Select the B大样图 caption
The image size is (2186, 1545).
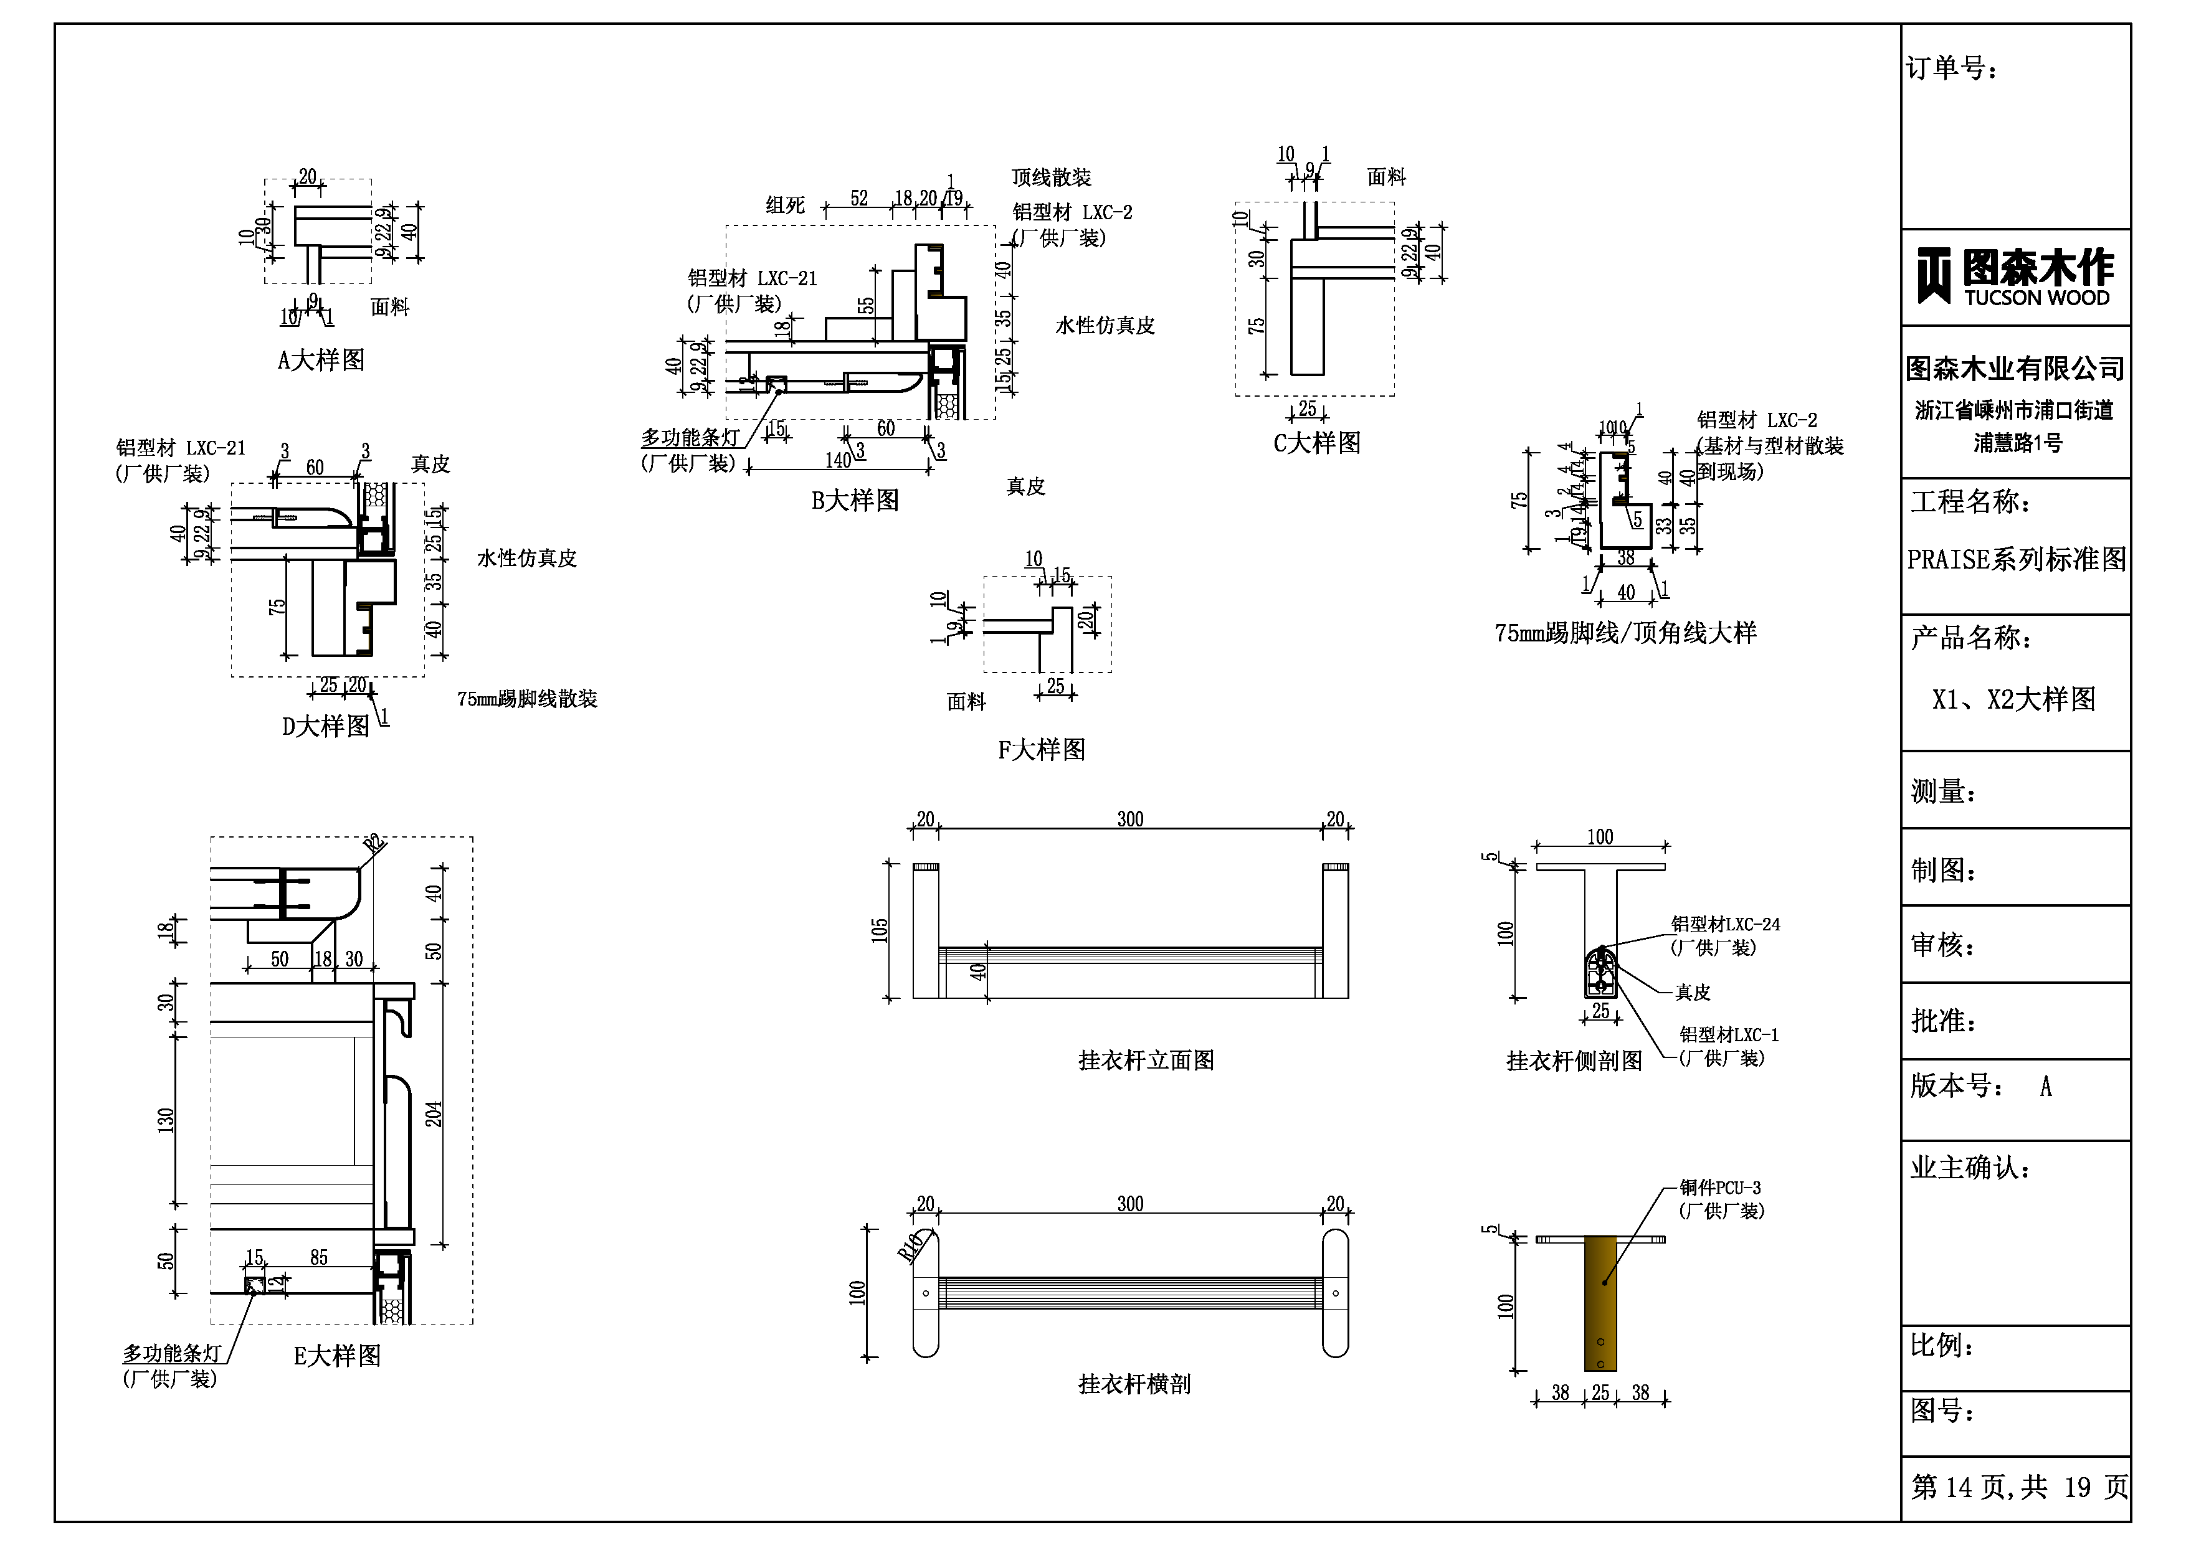point(855,501)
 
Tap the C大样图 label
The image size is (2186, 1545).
point(1317,443)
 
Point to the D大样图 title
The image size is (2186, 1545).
point(326,726)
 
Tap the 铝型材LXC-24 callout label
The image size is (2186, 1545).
point(1725,924)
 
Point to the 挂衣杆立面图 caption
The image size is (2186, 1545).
point(1146,1061)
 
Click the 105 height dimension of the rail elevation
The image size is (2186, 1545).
point(880,930)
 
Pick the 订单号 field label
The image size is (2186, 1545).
point(1951,69)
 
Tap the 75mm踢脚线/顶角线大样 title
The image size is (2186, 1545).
point(1625,633)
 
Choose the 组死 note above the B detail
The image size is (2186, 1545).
point(786,205)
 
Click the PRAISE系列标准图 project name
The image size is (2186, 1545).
point(2015,560)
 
